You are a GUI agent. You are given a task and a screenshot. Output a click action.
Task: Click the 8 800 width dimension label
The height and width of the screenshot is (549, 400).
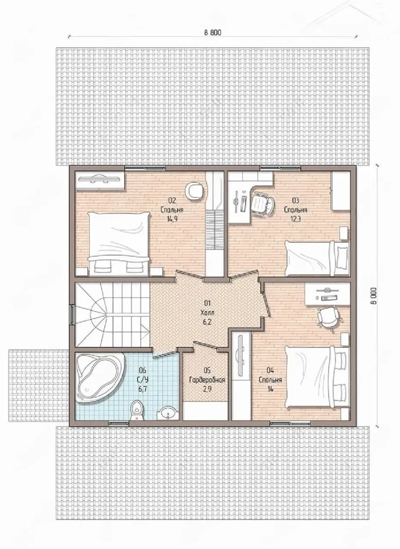(212, 32)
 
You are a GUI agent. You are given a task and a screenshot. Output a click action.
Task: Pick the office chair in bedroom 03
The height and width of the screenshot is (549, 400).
(263, 203)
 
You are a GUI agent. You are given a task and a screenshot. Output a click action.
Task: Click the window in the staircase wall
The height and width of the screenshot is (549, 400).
(72, 314)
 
